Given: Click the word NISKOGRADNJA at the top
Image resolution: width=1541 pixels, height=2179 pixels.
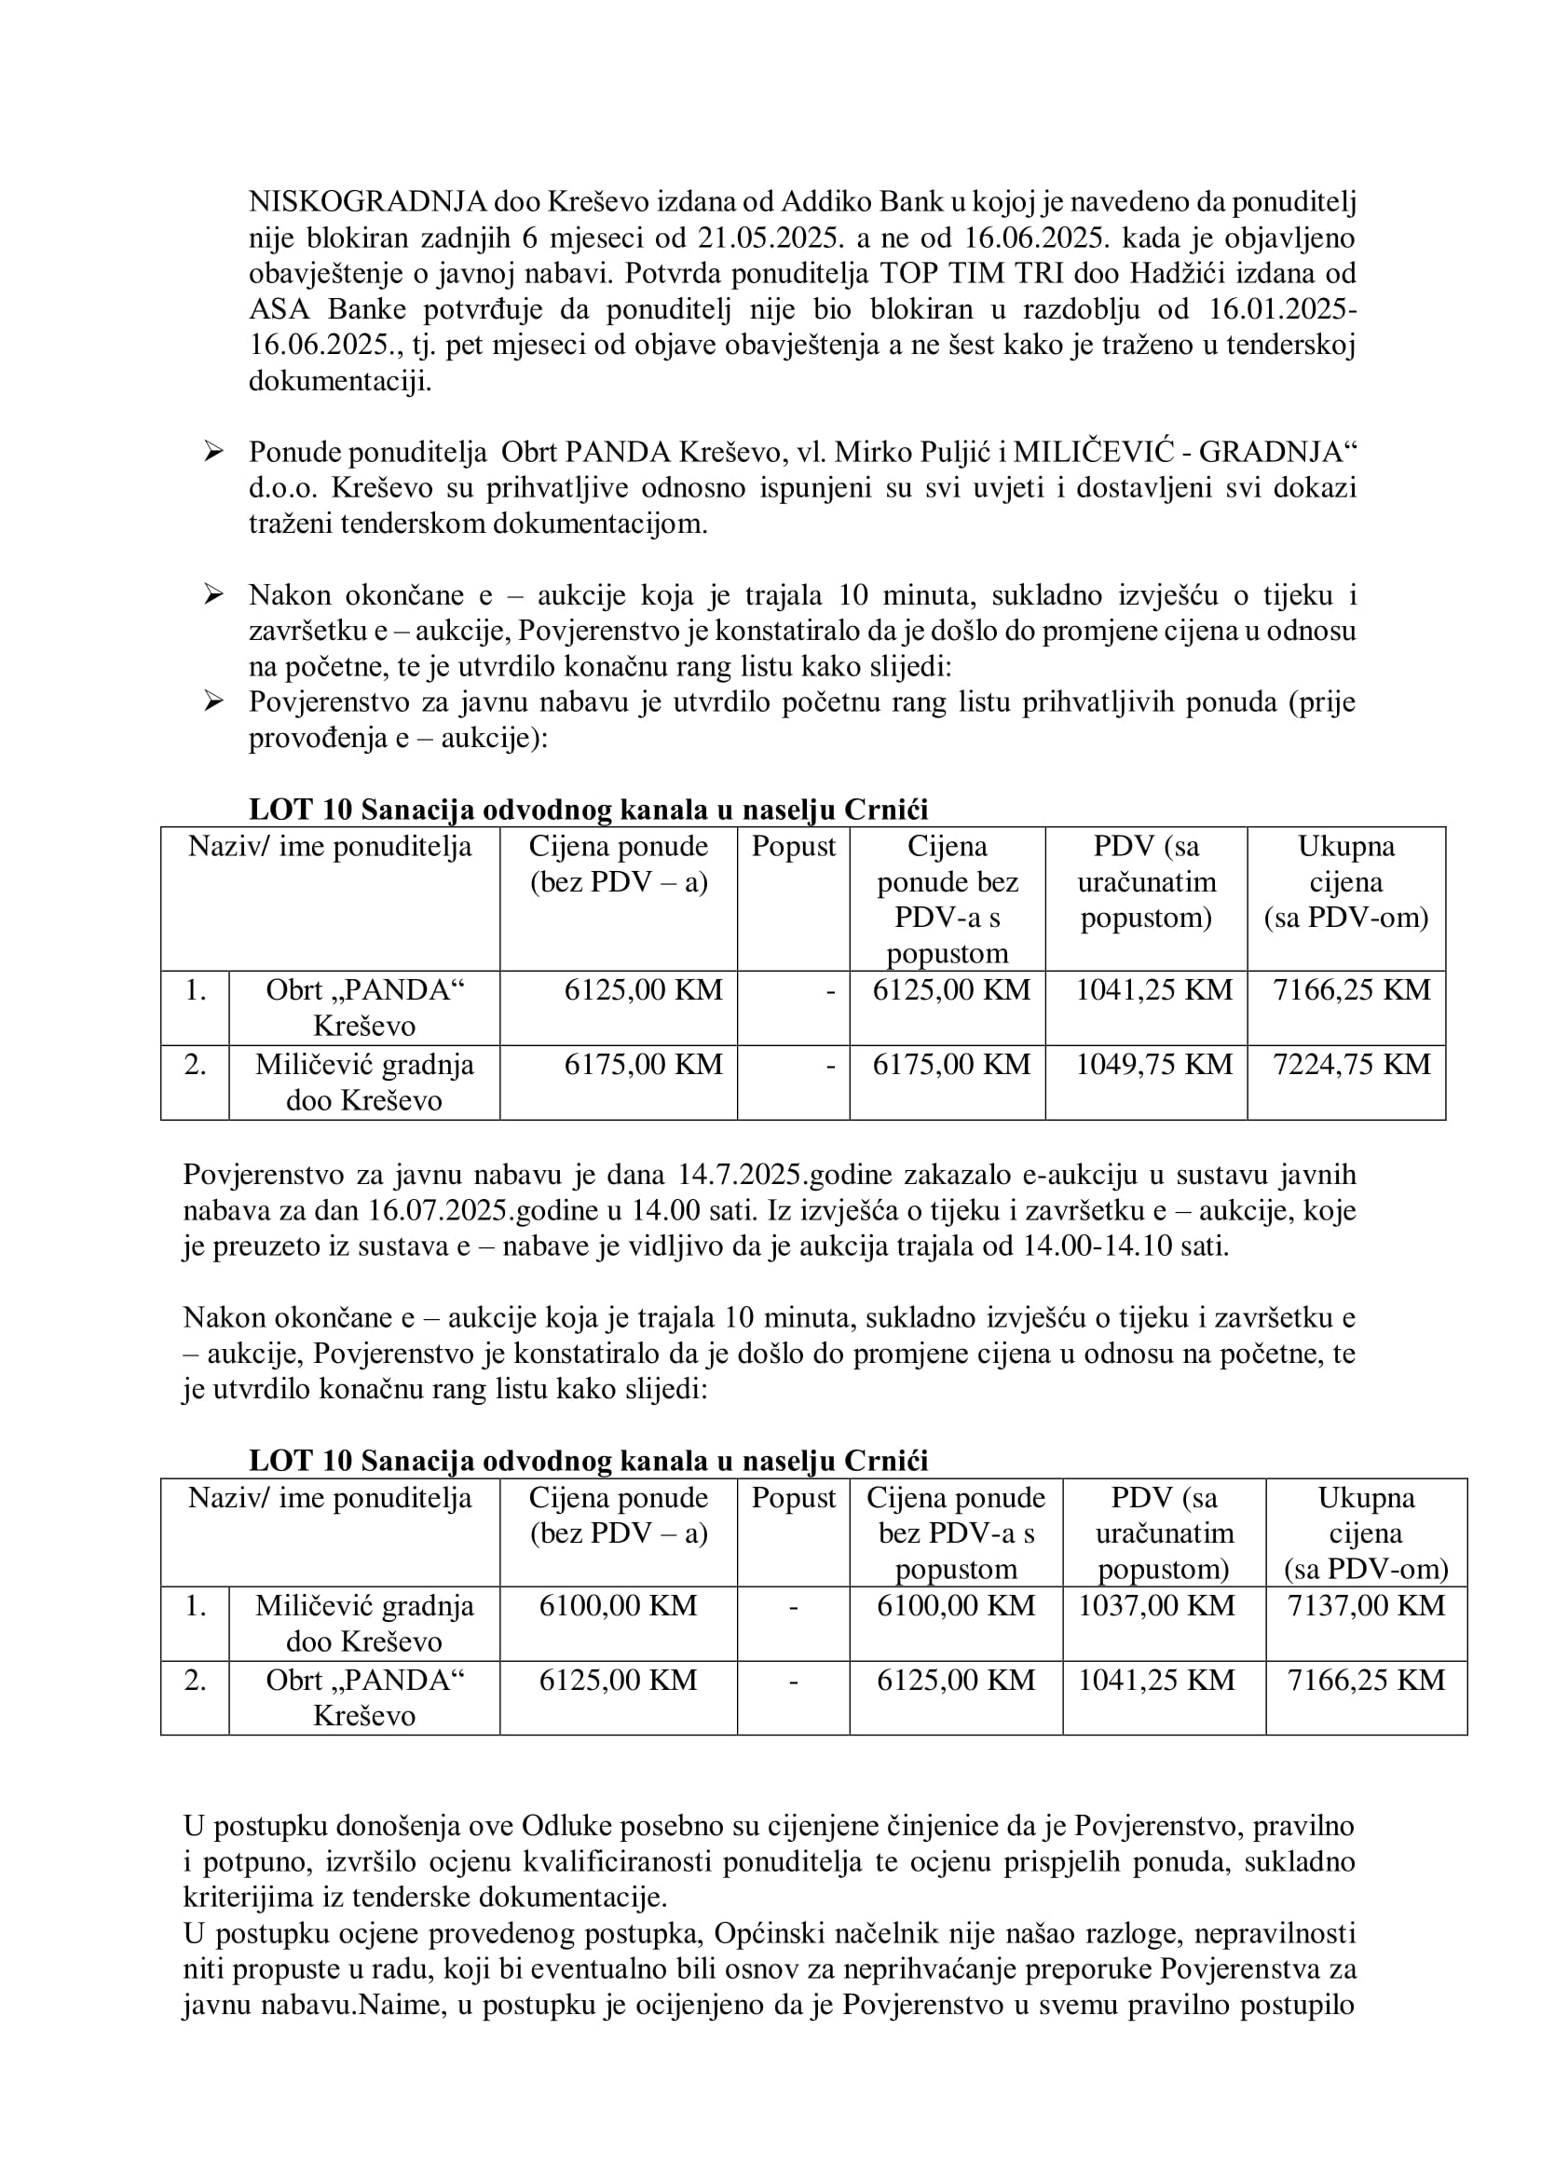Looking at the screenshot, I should click(x=367, y=201).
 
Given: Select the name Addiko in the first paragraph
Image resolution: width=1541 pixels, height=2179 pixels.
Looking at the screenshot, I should click(x=824, y=201).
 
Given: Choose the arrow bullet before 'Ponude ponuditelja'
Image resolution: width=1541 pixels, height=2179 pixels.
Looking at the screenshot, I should click(x=213, y=453).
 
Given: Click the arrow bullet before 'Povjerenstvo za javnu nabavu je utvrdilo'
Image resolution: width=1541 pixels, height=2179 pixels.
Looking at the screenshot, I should click(x=213, y=702).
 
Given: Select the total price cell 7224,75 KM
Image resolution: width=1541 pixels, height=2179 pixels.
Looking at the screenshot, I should click(x=1351, y=1065).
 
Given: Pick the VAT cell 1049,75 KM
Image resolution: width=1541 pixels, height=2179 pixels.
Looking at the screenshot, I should click(x=1152, y=1065).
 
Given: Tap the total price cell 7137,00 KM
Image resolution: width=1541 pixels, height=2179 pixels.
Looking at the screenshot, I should click(x=1366, y=1606).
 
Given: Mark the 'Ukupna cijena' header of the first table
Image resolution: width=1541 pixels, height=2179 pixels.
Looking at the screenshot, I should click(x=1345, y=881).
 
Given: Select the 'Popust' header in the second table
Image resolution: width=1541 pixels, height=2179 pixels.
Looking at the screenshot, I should click(x=793, y=1499).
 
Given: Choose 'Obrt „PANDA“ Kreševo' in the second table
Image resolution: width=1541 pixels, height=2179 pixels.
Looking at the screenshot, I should click(x=364, y=1698).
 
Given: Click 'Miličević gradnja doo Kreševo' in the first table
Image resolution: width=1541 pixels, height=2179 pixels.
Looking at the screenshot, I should click(x=364, y=1083).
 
